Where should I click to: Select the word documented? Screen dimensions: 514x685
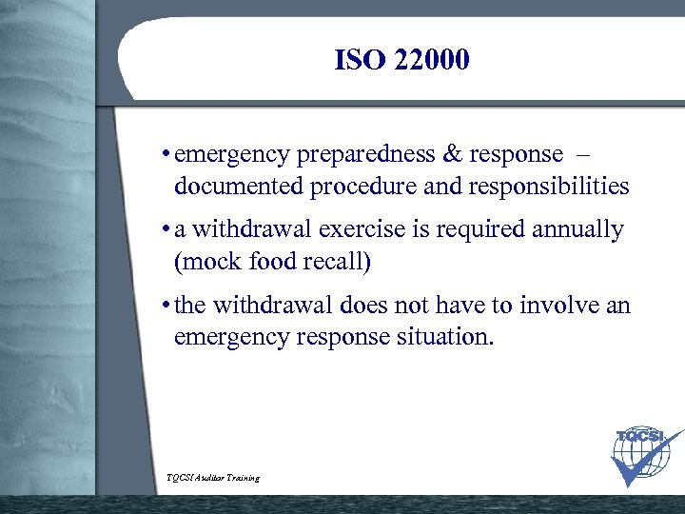pyautogui.click(x=238, y=187)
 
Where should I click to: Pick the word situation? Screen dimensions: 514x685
pyautogui.click(x=443, y=338)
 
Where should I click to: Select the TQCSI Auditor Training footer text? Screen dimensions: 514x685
pyautogui.click(x=212, y=477)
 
